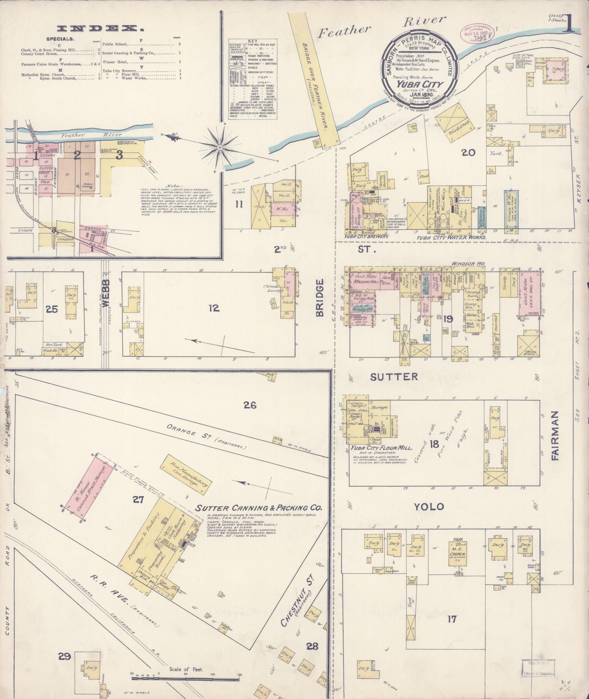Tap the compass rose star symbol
coord(220,147)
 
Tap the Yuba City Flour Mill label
coord(376,448)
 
